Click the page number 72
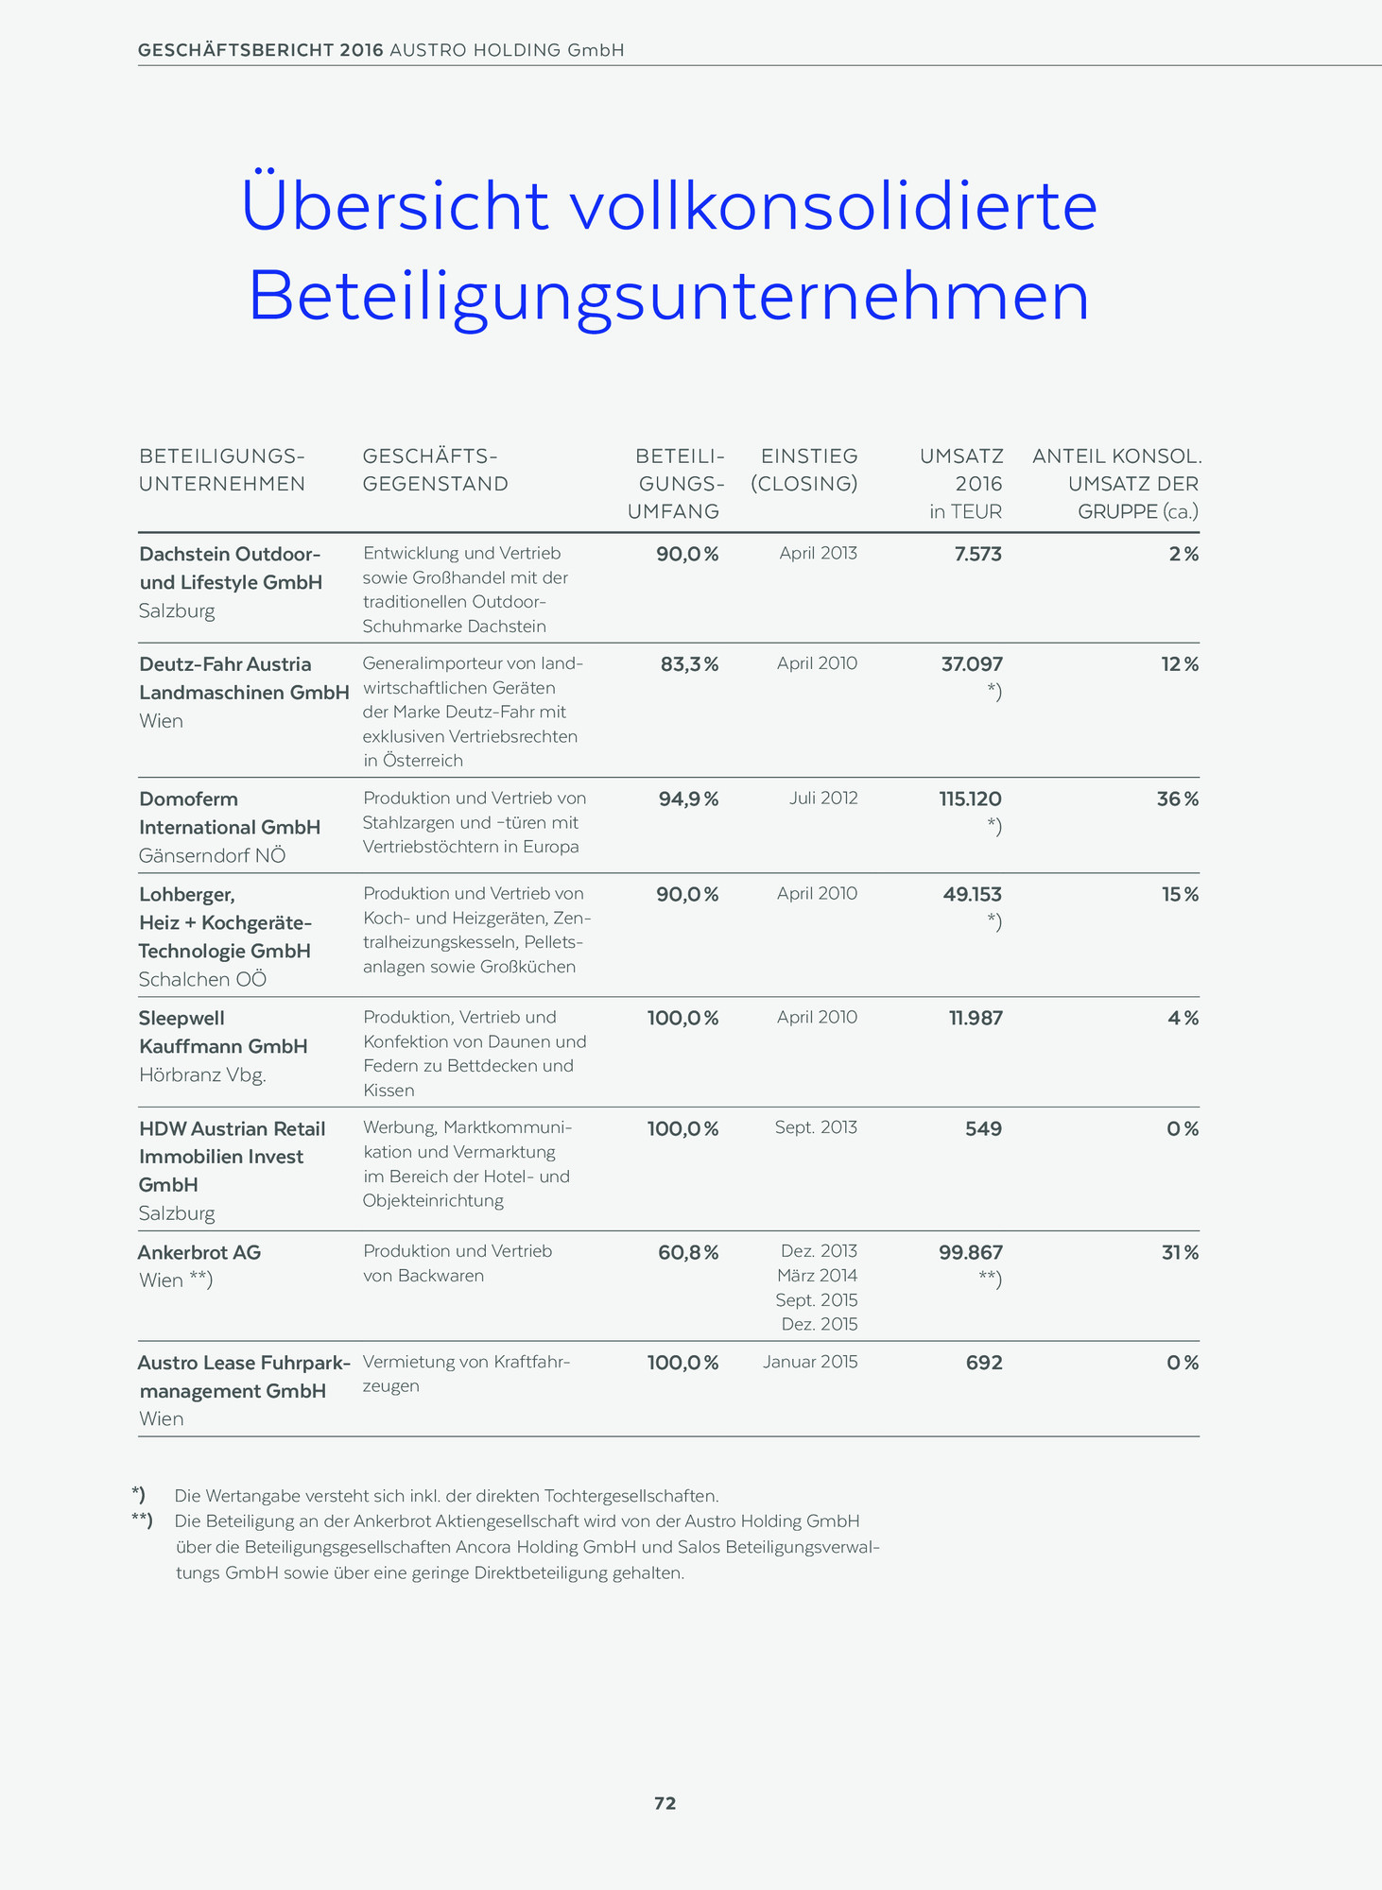point(665,1803)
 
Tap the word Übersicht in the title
point(395,206)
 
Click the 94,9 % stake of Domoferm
point(688,799)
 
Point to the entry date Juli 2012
point(823,799)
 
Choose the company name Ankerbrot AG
point(199,1252)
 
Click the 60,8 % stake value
point(688,1253)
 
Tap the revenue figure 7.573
point(977,555)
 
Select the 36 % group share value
point(1177,799)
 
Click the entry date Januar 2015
point(810,1363)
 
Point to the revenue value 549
point(983,1129)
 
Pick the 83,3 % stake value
point(689,665)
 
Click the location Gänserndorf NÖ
point(212,856)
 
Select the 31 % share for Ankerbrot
point(1180,1253)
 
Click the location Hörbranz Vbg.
point(202,1074)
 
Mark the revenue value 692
point(983,1363)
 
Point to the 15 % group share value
point(1180,894)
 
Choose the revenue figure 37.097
point(972,665)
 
